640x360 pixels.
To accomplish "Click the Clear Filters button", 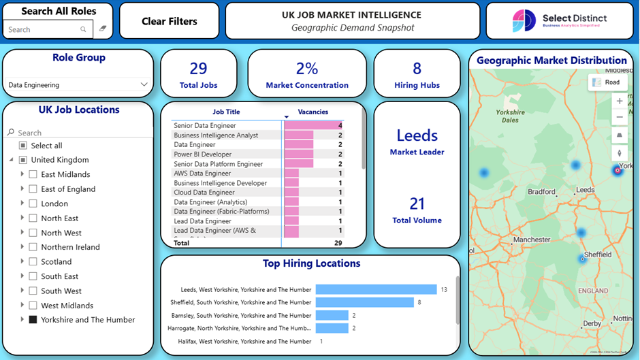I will pos(169,21).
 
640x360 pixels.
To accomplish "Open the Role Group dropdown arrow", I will pos(144,84).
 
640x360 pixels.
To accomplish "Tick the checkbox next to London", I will pos(33,203).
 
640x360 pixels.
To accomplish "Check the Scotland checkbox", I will pos(33,261).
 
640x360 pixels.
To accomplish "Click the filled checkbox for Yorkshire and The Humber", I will pos(33,319).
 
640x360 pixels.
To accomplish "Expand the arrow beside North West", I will pos(22,233).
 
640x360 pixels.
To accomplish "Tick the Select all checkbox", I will pos(22,146).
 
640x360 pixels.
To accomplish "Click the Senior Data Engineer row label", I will pos(205,125).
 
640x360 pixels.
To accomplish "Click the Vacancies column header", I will pos(313,112).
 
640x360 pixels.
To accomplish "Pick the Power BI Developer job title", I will pos(202,154).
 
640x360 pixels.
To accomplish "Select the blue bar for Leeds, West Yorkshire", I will pos(376,289).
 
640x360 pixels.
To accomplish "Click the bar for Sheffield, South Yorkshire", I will pos(364,302).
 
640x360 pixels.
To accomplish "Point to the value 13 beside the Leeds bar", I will pos(444,289).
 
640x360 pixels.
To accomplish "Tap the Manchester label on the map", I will pos(532,240).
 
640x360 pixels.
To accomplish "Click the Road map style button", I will pos(607,82).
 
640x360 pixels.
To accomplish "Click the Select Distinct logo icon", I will pos(524,21).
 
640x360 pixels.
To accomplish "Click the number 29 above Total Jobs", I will pos(198,69).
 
